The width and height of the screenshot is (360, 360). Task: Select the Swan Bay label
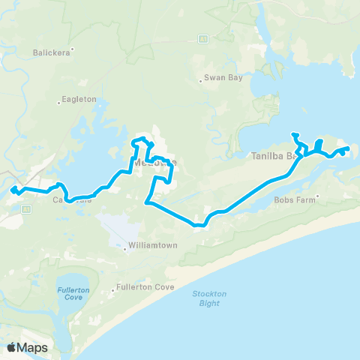coord(224,78)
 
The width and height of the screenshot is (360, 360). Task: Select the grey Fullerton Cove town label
coord(139,287)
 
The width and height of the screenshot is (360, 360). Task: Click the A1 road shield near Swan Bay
coord(202,37)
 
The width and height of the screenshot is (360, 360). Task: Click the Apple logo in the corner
coord(12,347)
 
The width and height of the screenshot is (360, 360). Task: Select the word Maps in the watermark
coord(34,347)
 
